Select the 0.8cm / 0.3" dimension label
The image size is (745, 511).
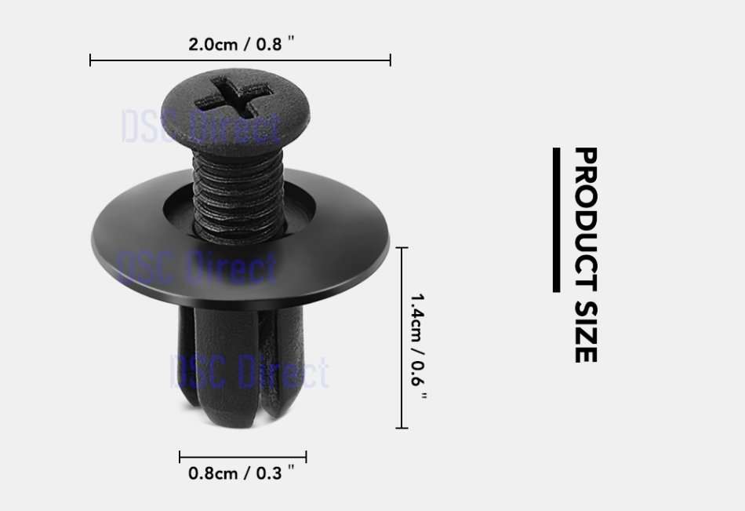(x=242, y=473)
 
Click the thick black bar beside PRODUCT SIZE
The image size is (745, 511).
(x=556, y=220)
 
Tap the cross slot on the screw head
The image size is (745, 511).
(x=234, y=96)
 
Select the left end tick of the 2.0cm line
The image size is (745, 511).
(x=91, y=60)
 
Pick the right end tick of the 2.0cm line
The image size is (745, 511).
(x=390, y=60)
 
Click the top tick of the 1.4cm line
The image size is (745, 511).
(x=402, y=247)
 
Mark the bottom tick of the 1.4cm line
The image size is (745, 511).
(x=402, y=428)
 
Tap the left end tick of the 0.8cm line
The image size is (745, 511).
(x=180, y=457)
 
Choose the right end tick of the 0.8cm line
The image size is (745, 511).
(x=306, y=457)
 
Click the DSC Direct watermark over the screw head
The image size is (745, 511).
(x=201, y=128)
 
